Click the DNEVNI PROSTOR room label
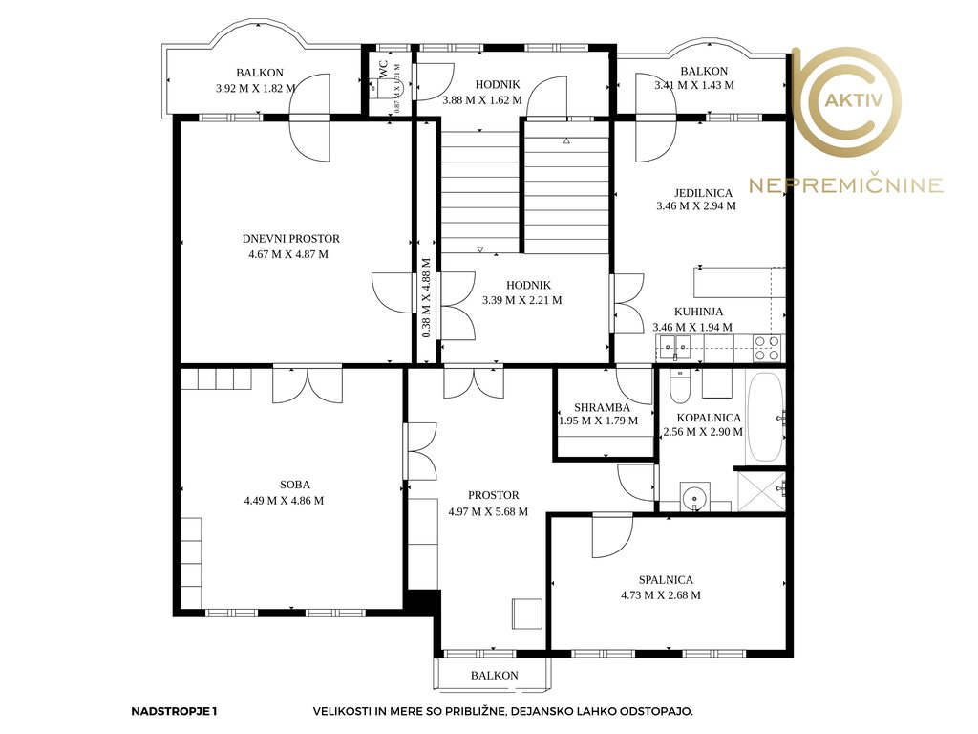click(x=290, y=239)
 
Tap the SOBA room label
click(x=295, y=485)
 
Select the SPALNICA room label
click(x=666, y=580)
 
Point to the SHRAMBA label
click(x=602, y=407)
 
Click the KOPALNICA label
click(x=709, y=418)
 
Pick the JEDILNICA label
click(x=703, y=193)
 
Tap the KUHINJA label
click(x=698, y=312)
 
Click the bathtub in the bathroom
click(x=765, y=417)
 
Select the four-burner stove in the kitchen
click(x=767, y=348)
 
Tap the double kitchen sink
click(x=675, y=346)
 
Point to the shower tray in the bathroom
click(x=761, y=492)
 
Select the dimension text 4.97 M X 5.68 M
click(x=488, y=512)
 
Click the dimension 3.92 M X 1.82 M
click(x=256, y=89)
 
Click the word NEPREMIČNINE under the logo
click(x=846, y=185)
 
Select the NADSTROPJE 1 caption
click(x=174, y=711)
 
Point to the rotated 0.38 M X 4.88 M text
click(x=427, y=298)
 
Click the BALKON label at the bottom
click(x=495, y=676)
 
